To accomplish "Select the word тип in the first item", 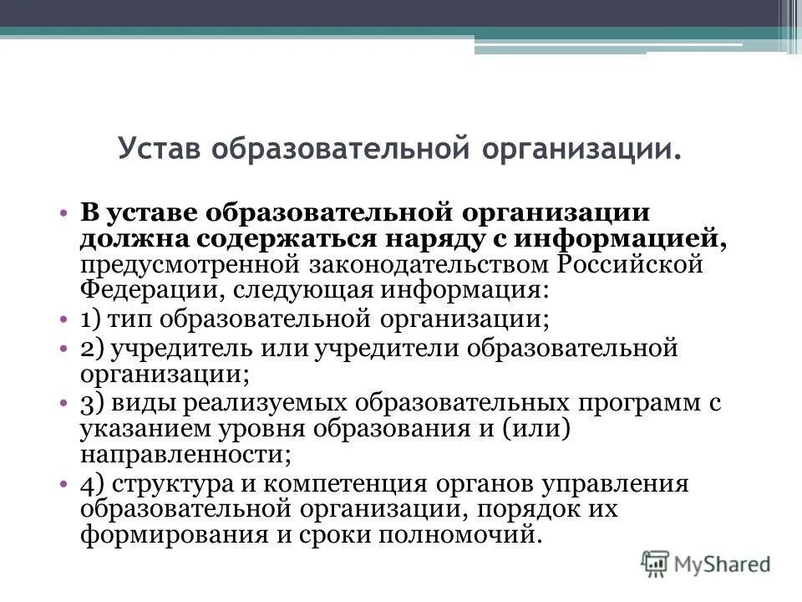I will (129, 319).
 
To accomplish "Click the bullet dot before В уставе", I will (64, 212).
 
